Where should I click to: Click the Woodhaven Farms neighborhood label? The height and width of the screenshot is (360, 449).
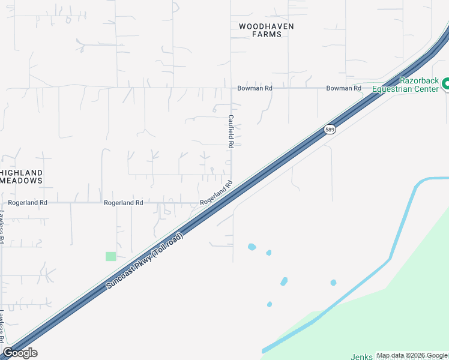click(x=260, y=31)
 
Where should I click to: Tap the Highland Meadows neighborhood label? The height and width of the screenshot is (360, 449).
click(x=22, y=176)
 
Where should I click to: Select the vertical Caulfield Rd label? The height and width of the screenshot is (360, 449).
click(x=231, y=131)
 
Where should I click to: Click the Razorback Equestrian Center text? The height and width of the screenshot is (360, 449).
click(x=405, y=85)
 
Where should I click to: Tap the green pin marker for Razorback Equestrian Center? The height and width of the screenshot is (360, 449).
click(x=445, y=85)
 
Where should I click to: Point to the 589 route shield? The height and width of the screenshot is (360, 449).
click(x=330, y=130)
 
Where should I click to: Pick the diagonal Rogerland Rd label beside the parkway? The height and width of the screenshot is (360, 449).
click(x=216, y=193)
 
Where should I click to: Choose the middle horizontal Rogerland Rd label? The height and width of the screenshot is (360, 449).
click(x=123, y=203)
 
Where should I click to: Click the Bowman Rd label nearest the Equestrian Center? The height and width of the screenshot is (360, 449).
click(x=344, y=88)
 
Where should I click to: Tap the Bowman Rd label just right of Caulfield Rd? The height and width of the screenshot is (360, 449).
click(x=255, y=88)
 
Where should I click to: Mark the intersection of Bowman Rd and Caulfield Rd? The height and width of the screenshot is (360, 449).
click(x=232, y=88)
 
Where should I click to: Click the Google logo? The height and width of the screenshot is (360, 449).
click(x=20, y=353)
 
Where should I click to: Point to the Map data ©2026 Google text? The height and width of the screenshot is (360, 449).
click(x=412, y=356)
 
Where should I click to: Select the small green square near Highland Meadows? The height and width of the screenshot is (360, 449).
click(x=110, y=256)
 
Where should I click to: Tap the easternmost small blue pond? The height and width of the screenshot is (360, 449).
click(x=333, y=283)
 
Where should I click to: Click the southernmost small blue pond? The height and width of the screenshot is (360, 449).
click(x=270, y=304)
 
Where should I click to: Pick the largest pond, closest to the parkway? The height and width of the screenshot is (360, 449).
click(x=252, y=247)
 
